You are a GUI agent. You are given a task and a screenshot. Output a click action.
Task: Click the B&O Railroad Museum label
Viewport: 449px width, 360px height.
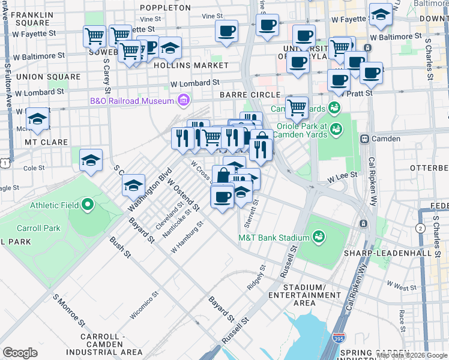point(131,100)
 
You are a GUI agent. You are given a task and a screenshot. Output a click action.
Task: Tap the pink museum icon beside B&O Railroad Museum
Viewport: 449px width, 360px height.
point(184,100)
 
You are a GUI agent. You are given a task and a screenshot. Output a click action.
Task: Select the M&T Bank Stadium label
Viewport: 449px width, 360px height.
point(274,238)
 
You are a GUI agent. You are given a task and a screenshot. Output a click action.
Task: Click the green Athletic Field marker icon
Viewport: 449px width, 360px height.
point(88,205)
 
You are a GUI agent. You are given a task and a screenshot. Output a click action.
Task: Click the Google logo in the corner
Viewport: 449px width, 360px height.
point(20,352)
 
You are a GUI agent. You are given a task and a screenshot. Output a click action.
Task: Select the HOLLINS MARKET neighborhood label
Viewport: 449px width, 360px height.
point(191,65)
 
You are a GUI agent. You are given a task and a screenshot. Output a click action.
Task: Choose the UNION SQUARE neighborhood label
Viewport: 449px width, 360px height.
point(48,77)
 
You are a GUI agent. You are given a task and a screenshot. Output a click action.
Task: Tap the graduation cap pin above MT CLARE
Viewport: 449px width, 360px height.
point(38,119)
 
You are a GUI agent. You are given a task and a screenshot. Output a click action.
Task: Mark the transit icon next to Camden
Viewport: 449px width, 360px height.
point(364,139)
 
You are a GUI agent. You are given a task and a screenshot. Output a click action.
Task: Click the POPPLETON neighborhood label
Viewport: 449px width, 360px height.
point(165,8)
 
